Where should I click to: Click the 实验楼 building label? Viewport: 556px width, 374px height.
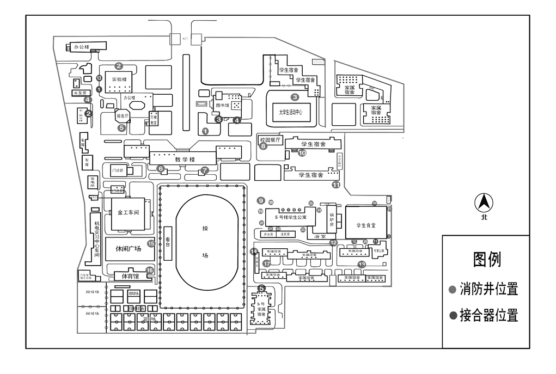pyautogui.click(x=119, y=79)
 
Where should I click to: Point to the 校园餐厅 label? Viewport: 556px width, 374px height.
pyautogui.click(x=270, y=139)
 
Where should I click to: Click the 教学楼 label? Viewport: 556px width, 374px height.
pyautogui.click(x=185, y=160)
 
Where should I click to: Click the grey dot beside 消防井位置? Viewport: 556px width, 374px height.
pyautogui.click(x=452, y=289)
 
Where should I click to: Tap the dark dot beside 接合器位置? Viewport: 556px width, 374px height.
pyautogui.click(x=452, y=315)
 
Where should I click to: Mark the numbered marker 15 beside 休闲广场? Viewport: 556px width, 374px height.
pyautogui.click(x=151, y=244)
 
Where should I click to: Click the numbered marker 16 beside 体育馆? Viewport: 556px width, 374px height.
pyautogui.click(x=150, y=270)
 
